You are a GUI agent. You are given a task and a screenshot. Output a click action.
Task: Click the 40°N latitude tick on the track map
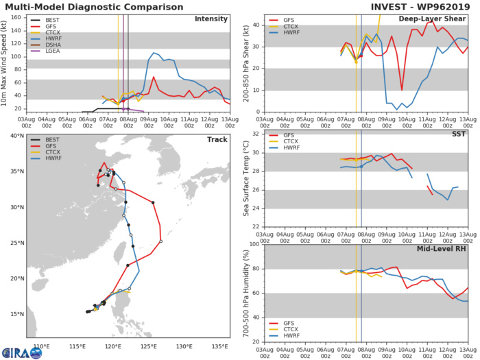(x=16, y=136)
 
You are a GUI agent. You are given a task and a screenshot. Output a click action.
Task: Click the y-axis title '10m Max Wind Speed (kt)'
(x=6, y=63)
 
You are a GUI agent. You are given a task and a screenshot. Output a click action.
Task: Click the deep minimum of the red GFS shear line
(x=402, y=90)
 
